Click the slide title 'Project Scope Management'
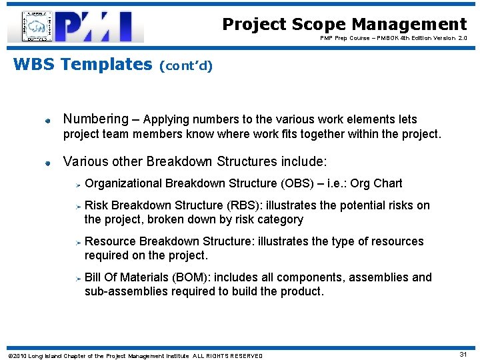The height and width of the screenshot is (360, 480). click(x=344, y=24)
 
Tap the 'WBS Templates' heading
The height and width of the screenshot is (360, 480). click(x=83, y=65)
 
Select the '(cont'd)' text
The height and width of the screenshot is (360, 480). click(x=186, y=66)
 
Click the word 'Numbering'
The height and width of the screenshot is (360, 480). click(x=95, y=119)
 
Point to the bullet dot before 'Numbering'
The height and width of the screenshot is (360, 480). click(x=49, y=121)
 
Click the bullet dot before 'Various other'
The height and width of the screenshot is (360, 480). click(x=49, y=162)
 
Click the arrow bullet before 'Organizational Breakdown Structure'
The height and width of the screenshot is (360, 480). click(x=78, y=184)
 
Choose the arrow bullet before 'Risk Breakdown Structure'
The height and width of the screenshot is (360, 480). click(x=78, y=206)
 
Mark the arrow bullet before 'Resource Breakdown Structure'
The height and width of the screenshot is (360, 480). click(x=78, y=242)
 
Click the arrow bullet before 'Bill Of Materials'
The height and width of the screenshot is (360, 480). click(x=78, y=278)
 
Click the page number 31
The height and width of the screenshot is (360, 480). click(x=463, y=355)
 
